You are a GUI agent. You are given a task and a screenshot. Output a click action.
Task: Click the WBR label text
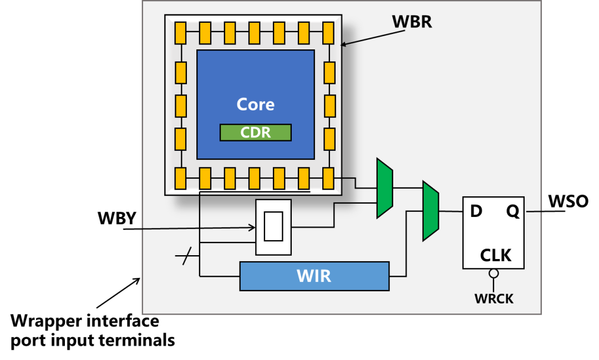pos(412,22)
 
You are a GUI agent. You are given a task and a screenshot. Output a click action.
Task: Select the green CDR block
pos(256,133)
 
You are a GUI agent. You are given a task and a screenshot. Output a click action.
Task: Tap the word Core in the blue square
pos(256,104)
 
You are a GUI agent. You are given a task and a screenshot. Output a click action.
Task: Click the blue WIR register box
pos(314,276)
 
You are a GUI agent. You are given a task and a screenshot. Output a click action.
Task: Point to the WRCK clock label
pos(494,299)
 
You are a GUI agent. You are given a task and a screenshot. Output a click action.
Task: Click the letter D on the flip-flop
pos(476,211)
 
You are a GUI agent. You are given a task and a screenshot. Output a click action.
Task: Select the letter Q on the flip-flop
pos(512,211)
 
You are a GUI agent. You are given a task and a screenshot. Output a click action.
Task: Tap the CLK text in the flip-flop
pos(495,255)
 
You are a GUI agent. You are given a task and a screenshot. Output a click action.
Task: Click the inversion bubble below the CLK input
pos(494,273)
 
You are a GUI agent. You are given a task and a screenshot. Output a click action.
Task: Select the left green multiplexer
pos(384,188)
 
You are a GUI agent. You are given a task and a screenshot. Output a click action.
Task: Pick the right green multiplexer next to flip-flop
pos(430,211)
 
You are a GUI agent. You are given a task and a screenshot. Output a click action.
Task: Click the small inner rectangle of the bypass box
pos(273,226)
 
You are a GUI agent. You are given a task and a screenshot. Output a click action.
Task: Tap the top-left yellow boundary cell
pos(180,33)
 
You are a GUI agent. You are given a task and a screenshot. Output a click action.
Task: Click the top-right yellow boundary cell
pos(328,33)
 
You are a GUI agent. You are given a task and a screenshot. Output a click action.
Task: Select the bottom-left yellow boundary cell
pos(180,178)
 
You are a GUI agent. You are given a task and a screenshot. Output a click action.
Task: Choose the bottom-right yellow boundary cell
pos(328,178)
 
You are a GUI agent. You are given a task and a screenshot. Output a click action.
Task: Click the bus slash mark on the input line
pos(187,256)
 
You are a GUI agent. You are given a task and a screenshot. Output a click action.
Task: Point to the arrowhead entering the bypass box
pos(252,227)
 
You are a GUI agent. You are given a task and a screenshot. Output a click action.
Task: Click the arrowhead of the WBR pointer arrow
pos(343,45)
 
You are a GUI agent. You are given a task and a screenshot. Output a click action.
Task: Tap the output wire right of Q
pos(533,211)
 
